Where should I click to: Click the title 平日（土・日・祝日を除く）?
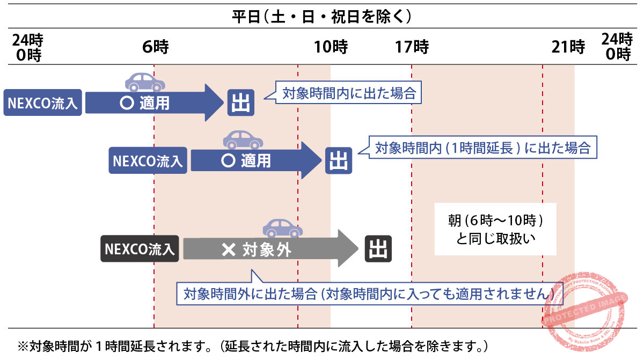point(321,17)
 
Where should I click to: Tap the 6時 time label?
point(156,48)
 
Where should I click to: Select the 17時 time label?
point(412,48)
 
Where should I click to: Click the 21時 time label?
point(568,48)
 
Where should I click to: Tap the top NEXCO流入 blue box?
point(42,102)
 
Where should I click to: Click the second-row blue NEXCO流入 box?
point(148,160)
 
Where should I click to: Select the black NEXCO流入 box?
point(140,249)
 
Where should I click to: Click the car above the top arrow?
point(145,82)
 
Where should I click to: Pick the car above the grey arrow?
point(282,228)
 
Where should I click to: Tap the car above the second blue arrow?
point(243,140)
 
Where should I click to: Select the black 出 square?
point(378,249)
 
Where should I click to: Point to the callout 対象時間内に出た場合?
point(349,93)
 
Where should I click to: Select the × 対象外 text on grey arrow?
point(257,249)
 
